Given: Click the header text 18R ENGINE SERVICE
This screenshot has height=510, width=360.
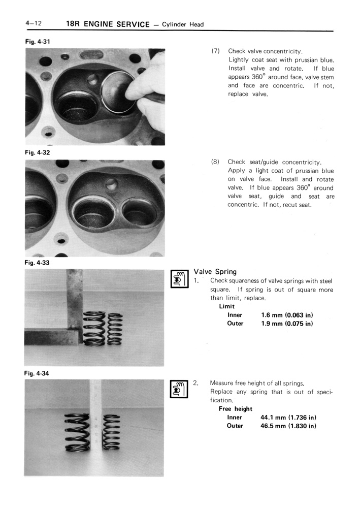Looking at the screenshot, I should pyautogui.click(x=108, y=24).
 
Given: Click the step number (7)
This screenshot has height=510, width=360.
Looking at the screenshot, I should pyautogui.click(x=215, y=51).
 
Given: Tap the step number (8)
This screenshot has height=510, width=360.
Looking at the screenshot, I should pyautogui.click(x=215, y=162).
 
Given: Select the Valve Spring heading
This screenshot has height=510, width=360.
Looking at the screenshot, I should pyautogui.click(x=215, y=272).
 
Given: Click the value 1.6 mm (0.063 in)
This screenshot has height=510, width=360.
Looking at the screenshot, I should pyautogui.click(x=286, y=315).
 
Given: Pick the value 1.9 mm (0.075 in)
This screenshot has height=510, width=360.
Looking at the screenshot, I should pyautogui.click(x=286, y=324).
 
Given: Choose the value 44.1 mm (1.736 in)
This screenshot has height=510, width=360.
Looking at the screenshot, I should pyautogui.click(x=288, y=417).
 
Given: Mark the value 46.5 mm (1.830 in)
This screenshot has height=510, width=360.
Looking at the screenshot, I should pyautogui.click(x=288, y=426).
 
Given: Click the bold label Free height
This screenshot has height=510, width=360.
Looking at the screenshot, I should pyautogui.click(x=236, y=408).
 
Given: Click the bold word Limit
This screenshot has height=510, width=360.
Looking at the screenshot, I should pyautogui.click(x=227, y=306).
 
